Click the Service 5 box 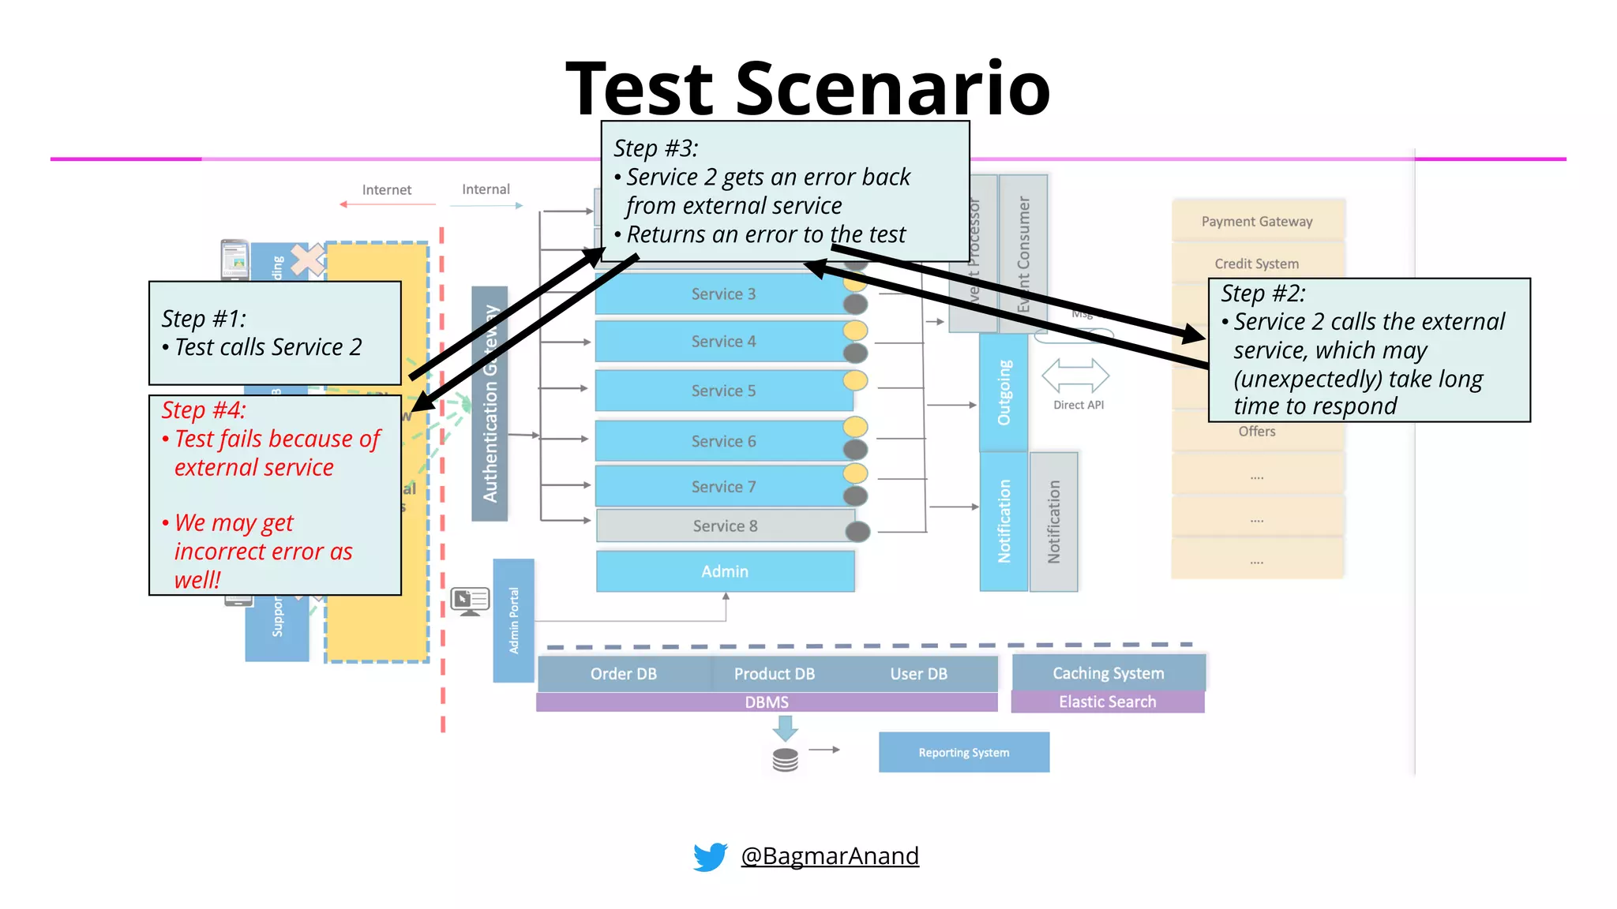723,391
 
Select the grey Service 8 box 725,526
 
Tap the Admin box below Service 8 725,571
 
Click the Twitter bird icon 710,856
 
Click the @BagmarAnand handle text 830,855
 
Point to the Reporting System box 963,752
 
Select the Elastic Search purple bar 1107,701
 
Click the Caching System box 1108,673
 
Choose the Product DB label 774,674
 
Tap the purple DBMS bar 766,702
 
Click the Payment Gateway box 1257,222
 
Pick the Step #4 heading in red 204,410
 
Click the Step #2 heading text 1263,294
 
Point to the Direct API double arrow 1075,376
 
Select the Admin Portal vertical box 513,620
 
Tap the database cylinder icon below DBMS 785,760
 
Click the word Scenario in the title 892,88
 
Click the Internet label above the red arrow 386,190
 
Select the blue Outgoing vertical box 1004,392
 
